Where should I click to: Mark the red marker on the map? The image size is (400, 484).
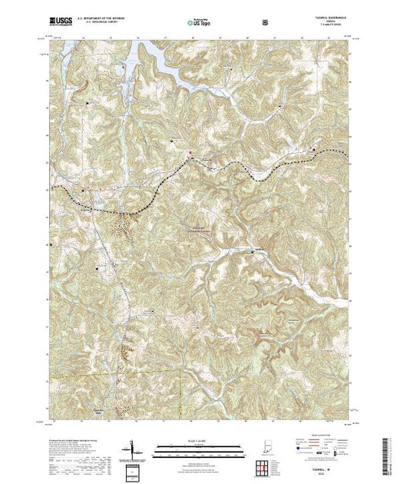coord(191,153)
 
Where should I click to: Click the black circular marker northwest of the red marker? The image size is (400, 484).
coord(171,141)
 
